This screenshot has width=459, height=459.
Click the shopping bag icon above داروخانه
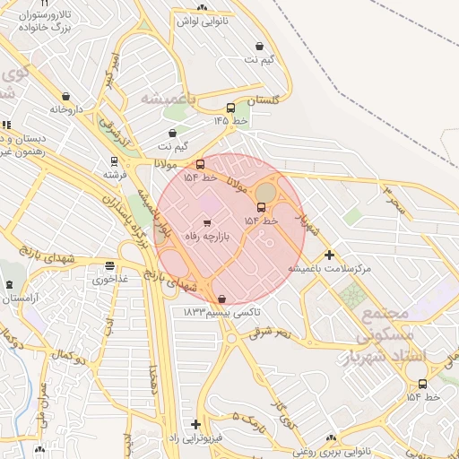[x=66, y=97]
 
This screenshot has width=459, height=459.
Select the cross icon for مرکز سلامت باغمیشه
[x=329, y=255]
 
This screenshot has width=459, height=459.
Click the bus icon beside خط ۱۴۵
[x=231, y=108]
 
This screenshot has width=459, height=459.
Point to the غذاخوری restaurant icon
[x=109, y=265]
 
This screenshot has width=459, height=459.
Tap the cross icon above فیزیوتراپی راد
[x=195, y=424]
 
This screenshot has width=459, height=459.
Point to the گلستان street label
[x=263, y=100]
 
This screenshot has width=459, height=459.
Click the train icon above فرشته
[x=113, y=161]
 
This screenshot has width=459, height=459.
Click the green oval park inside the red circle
[x=266, y=192]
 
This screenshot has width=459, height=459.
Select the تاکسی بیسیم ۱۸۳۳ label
[x=221, y=311]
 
